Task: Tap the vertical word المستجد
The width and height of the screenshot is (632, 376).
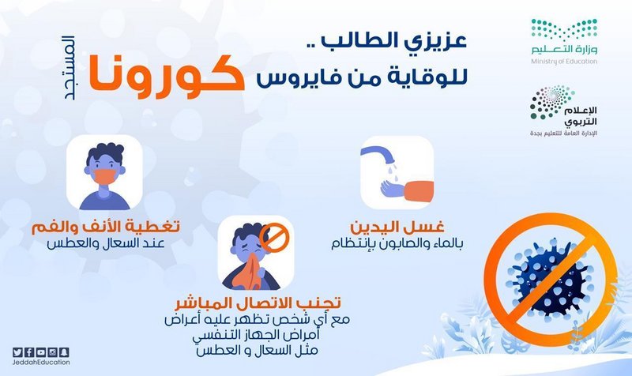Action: coord(69,68)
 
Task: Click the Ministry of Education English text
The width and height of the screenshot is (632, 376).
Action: coord(564,62)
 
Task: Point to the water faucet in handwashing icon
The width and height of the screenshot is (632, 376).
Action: coord(378,155)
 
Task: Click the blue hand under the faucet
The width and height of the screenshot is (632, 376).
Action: coord(392,189)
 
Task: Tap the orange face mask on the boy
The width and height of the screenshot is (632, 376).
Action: coord(104,176)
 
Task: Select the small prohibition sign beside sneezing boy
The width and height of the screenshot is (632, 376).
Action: coord(274,237)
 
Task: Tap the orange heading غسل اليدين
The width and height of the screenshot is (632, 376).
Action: coord(397,227)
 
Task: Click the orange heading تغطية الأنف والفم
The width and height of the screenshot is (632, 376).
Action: coord(106,227)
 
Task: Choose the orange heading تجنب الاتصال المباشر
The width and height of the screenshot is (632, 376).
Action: coord(258,303)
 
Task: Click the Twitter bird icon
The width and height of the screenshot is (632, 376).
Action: coord(17,352)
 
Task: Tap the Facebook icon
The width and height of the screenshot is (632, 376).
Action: coord(29,352)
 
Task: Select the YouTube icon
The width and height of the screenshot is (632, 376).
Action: coord(41,352)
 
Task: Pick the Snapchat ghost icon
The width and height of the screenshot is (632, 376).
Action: coord(64,352)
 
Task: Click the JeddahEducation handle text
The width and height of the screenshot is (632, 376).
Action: coord(41,363)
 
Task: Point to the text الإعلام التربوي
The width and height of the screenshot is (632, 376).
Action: coord(580,116)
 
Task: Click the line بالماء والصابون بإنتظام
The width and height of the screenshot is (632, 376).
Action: coord(397,244)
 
